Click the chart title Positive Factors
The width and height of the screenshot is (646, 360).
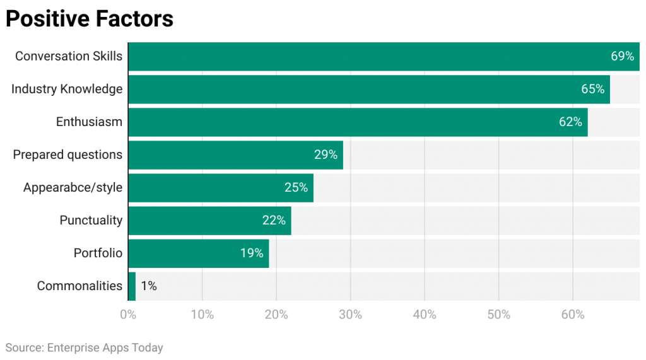tap(89, 19)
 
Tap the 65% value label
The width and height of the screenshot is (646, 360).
tap(592, 90)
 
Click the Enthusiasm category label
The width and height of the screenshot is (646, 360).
tap(89, 122)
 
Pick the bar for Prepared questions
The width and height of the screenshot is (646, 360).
tap(235, 155)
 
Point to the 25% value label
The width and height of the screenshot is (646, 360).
tap(296, 188)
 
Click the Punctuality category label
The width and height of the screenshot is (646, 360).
tap(91, 221)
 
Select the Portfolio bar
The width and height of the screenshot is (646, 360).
tap(198, 253)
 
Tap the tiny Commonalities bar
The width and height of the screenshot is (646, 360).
tap(132, 286)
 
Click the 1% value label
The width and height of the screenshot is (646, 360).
tap(148, 286)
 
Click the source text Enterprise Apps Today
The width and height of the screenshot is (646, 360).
tap(84, 348)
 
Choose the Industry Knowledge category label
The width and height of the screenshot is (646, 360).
tap(67, 90)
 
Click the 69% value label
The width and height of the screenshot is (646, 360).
tap(622, 57)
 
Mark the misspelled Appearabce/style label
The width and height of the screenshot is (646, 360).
tap(73, 188)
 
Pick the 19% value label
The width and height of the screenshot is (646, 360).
tap(251, 253)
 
